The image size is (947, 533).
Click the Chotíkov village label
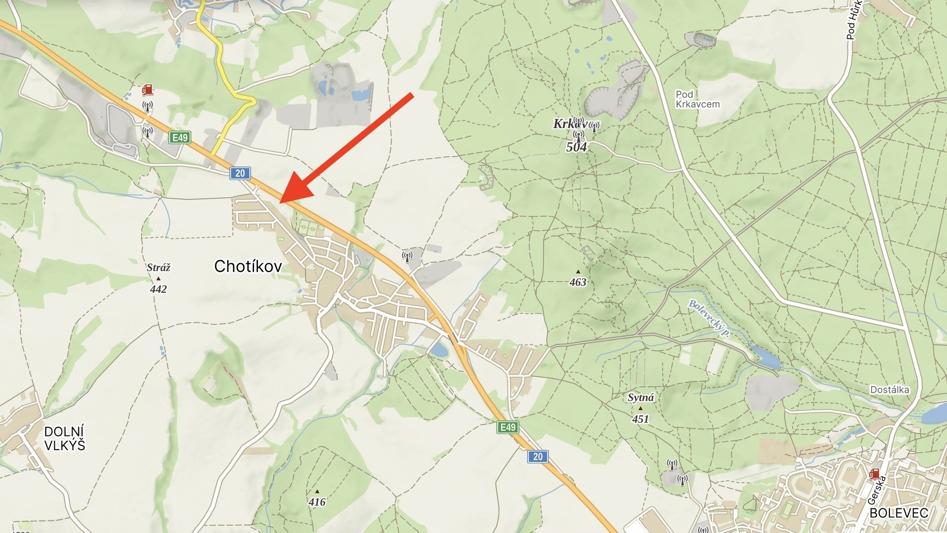coord(248,267)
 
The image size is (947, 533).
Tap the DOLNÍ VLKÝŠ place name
coord(65,438)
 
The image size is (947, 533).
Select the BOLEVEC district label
coord(899,513)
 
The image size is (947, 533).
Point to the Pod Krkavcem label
coord(697,99)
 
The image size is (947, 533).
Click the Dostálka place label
coord(889,390)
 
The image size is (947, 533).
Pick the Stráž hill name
coord(158,268)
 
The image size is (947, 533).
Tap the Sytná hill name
coord(641,398)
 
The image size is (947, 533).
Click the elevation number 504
coord(577,147)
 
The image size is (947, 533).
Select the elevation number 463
coord(578,282)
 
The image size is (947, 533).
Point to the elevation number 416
coord(317,502)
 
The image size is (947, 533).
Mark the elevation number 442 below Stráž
coord(158,289)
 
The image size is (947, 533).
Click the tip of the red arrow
coord(281,202)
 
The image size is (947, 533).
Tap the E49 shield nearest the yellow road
coord(180,138)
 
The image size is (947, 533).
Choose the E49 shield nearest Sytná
coord(508,427)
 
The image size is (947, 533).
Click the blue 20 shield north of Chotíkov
coord(240,173)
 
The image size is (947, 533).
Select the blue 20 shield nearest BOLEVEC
coord(538,457)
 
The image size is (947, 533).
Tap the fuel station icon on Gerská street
coord(874,474)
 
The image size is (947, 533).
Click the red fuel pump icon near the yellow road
coord(147,90)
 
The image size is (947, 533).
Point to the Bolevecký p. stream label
coord(709,319)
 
